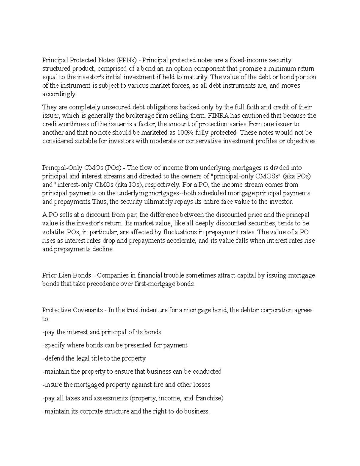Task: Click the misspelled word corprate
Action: click(x=91, y=411)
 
